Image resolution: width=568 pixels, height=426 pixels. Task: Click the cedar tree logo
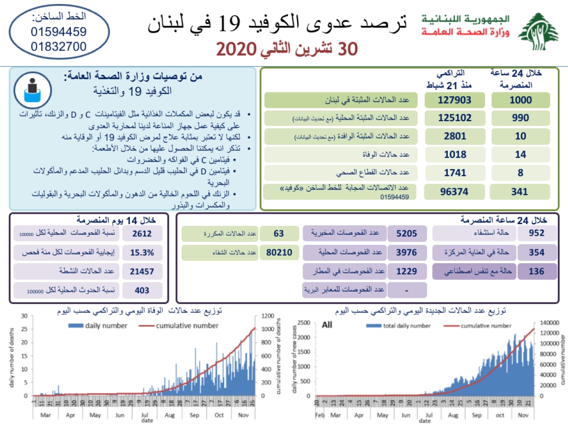coord(539,32)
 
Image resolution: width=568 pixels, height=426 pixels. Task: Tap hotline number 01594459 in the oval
coord(59,32)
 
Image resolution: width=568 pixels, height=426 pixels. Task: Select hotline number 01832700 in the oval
coord(59,47)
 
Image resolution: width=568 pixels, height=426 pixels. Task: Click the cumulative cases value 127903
coord(454,100)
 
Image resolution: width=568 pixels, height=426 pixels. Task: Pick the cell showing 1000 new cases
coord(521,100)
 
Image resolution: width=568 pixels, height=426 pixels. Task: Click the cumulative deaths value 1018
coord(455,154)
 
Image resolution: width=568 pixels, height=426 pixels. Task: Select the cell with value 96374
coord(454,192)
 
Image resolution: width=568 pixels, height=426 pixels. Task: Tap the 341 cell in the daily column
coord(520,192)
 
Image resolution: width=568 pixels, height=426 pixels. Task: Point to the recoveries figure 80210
coord(279,252)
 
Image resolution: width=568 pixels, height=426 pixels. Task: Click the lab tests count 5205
coord(406,233)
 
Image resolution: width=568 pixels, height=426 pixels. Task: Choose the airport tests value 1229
coord(406,271)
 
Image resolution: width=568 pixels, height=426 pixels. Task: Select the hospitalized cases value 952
coord(536,233)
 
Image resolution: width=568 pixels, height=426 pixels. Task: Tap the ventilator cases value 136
coord(536,271)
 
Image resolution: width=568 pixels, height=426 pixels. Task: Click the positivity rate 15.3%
coord(142,252)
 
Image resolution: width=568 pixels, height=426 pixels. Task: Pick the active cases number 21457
coord(142,272)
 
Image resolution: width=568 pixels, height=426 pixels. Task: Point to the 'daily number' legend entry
coord(106,326)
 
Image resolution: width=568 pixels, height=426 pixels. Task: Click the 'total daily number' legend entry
coord(406,326)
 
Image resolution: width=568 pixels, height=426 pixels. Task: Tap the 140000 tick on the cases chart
coord(549,323)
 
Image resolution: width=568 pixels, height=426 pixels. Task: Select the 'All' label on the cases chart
coord(327,325)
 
